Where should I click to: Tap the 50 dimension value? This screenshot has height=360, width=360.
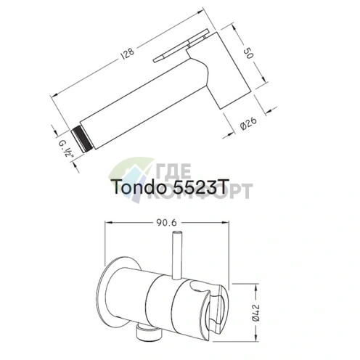(248, 53)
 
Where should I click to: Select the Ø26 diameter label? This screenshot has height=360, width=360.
(249, 123)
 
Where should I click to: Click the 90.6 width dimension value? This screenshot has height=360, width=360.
(166, 223)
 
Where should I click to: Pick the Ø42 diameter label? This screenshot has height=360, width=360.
(255, 313)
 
